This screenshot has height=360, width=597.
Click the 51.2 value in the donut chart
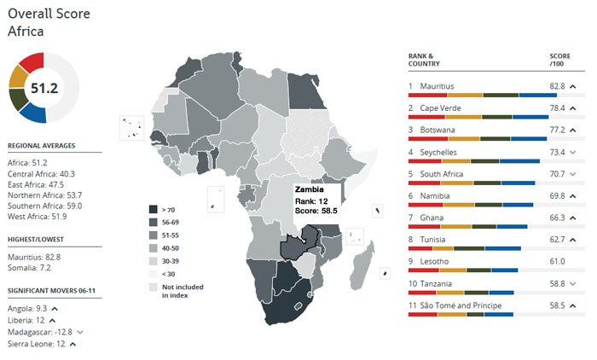(43, 87)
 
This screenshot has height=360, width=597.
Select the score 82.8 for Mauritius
(557, 86)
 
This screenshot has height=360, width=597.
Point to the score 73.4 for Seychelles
(557, 152)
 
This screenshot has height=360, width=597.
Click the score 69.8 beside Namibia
(557, 196)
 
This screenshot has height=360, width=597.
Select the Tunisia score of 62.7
(557, 240)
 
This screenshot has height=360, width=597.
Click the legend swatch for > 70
(154, 208)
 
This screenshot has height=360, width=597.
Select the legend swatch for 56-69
(154, 221)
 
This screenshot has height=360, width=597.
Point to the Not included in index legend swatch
(154, 287)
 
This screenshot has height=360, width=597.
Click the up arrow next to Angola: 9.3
(53, 308)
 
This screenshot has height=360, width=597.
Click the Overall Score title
(49, 15)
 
